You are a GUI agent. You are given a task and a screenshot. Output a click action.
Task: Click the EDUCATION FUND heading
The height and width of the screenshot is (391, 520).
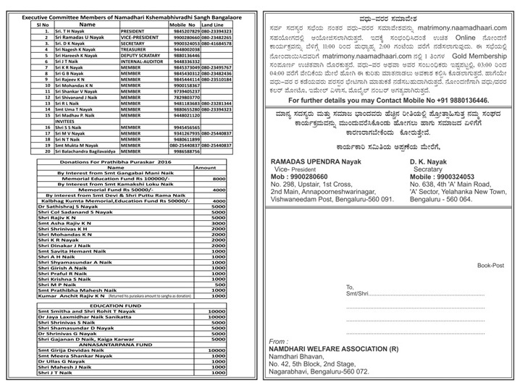coord(115,306)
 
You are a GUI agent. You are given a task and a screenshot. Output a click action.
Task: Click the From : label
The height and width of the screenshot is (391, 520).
coord(278,340)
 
